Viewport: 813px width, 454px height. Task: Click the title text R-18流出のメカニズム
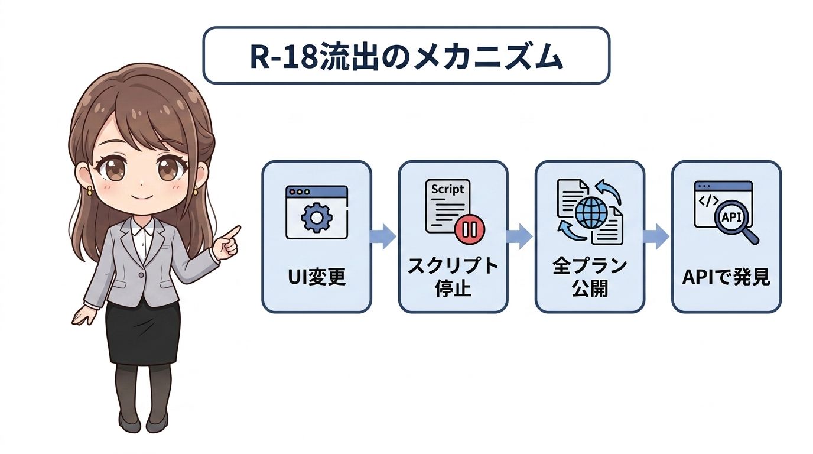(x=406, y=57)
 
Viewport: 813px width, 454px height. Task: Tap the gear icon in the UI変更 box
(x=317, y=217)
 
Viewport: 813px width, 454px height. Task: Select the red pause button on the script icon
(x=470, y=229)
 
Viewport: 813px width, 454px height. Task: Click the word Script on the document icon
(x=447, y=189)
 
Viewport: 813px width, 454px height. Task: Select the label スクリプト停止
(x=453, y=277)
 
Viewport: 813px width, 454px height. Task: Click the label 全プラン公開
(x=590, y=277)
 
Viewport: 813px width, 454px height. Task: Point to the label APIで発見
(x=726, y=277)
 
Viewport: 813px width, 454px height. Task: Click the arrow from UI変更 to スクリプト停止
(x=382, y=236)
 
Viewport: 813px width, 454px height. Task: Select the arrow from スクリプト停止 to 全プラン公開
(x=519, y=236)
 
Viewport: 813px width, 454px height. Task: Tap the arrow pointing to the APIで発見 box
(x=656, y=236)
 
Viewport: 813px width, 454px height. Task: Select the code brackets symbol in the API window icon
(x=708, y=201)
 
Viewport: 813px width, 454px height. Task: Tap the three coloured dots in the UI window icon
(x=298, y=192)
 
